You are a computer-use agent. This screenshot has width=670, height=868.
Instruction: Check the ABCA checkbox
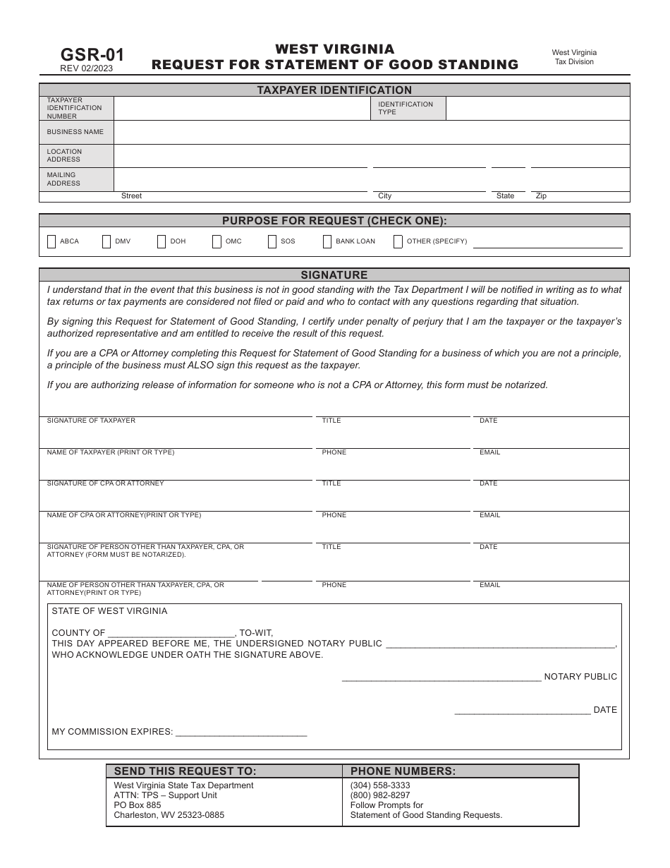51,242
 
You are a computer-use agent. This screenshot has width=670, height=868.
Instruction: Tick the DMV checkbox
106,242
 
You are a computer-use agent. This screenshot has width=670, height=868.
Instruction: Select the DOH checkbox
162,242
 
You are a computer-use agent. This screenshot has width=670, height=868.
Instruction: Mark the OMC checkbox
217,242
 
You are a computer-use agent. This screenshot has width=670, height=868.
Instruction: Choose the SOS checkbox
272,242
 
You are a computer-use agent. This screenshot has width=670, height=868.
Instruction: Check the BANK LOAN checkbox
327,242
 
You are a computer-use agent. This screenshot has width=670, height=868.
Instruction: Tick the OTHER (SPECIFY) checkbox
398,242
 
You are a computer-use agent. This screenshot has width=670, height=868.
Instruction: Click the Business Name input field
371,132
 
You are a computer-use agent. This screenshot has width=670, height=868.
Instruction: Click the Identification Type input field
537,109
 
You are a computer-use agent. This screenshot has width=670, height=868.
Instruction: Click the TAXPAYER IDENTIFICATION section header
334,90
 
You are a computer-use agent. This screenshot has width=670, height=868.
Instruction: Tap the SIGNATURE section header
334,275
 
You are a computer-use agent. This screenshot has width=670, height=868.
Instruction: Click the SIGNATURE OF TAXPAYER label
91,421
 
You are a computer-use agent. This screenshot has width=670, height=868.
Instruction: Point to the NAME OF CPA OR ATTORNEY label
123,515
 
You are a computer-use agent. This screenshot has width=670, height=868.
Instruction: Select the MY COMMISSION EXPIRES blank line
240,732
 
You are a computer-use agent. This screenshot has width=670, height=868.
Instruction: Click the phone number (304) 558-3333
380,785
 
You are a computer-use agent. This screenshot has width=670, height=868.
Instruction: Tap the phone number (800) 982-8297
380,795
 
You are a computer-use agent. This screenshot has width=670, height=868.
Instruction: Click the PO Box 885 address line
138,805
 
